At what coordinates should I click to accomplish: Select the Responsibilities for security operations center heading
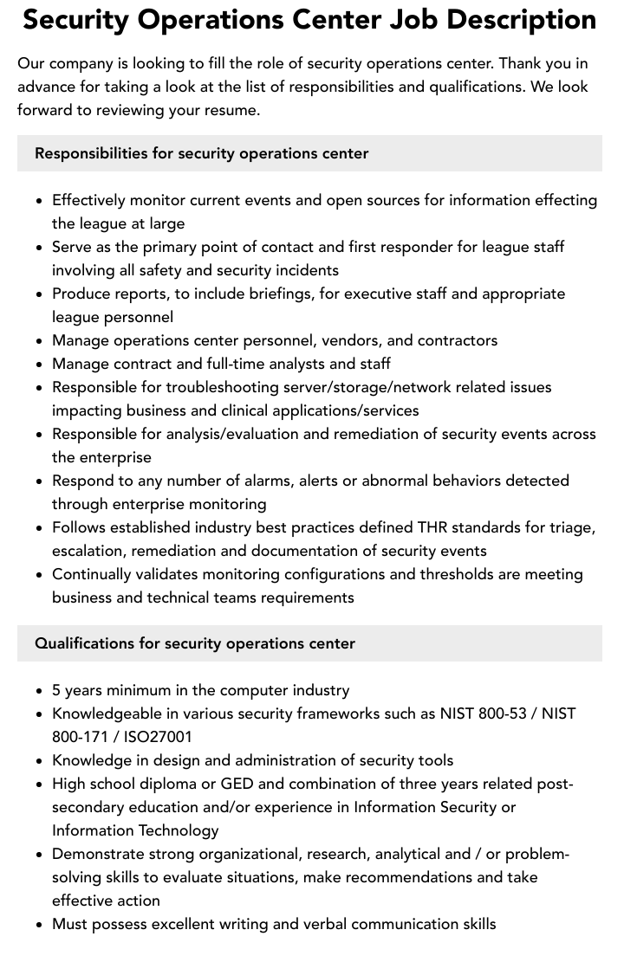tap(202, 153)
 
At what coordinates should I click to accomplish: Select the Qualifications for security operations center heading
tap(195, 643)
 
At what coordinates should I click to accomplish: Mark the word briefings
tap(276, 294)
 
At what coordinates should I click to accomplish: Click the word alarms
tap(262, 481)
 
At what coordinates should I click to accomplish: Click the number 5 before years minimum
tap(56, 690)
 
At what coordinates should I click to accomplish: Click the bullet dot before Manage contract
tap(40, 365)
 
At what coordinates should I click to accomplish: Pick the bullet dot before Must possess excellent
tap(40, 925)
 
